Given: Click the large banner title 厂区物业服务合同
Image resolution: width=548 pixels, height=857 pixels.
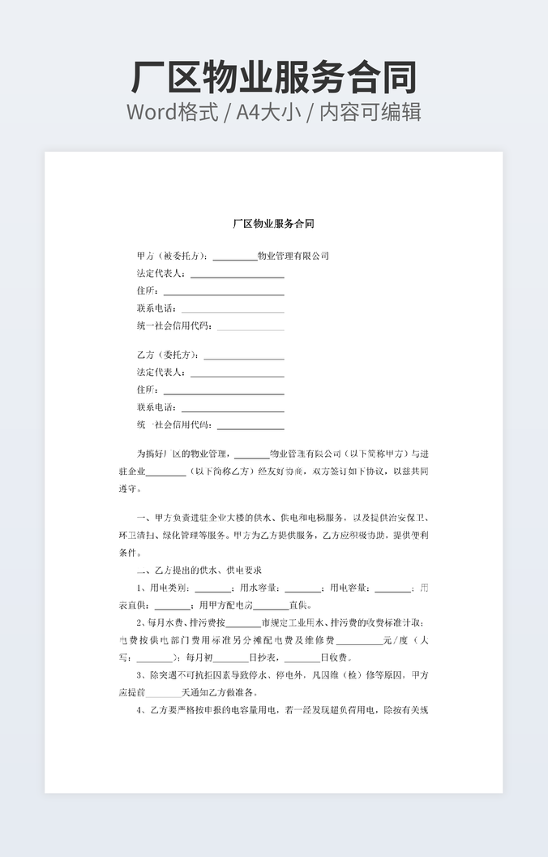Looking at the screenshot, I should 274,77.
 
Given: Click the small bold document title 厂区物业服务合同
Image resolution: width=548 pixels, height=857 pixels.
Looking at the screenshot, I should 273,223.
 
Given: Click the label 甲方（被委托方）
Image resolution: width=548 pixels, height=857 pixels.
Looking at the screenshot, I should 171,256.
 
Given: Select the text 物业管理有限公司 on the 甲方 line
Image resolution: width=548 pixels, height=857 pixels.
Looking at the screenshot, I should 293,256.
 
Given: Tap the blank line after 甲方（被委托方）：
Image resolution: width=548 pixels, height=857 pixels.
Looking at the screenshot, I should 234,257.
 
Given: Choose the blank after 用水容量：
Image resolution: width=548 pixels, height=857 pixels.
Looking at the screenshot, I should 302,590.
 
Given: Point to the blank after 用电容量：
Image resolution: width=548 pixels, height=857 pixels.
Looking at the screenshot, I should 392,590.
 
